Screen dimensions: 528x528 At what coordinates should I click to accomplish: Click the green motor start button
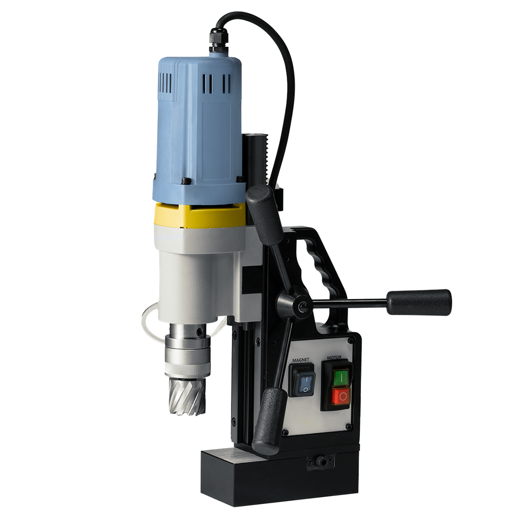[341, 378]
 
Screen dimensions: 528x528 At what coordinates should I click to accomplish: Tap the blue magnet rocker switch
[305, 384]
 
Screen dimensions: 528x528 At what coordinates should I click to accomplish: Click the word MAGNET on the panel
[301, 360]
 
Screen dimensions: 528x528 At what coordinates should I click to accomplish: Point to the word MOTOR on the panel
[334, 358]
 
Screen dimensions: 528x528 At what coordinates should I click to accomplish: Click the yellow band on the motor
[200, 215]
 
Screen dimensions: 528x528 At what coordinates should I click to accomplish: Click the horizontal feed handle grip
[419, 302]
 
